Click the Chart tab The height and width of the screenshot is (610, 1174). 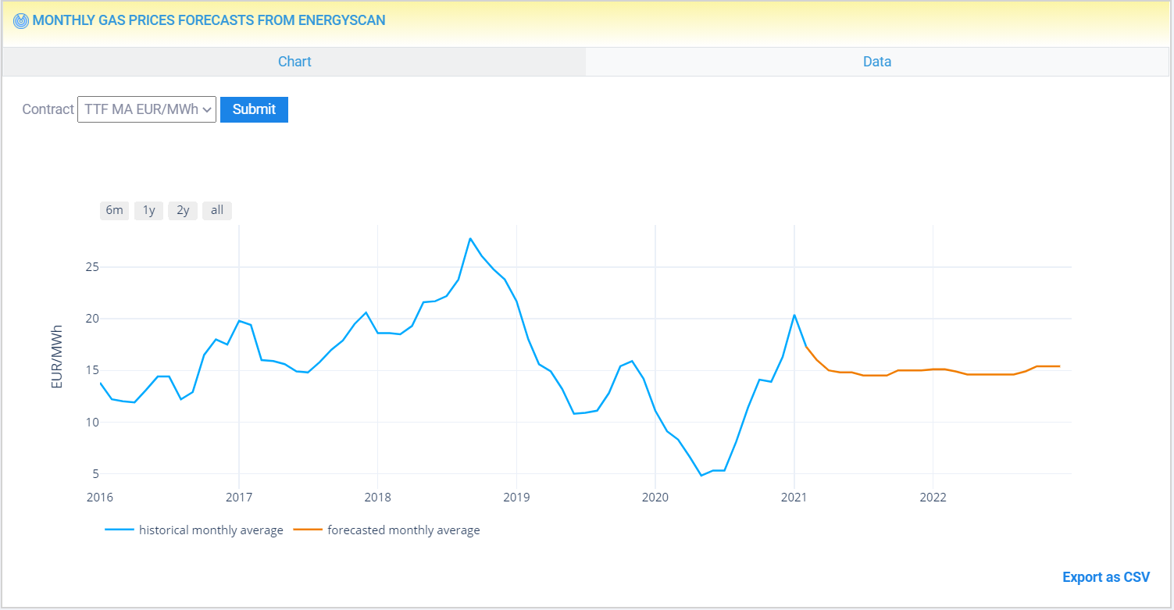click(294, 62)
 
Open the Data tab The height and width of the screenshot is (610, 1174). click(876, 62)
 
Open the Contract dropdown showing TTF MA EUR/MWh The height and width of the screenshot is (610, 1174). click(147, 109)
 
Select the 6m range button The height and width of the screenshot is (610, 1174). click(114, 210)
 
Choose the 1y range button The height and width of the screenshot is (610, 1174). click(148, 210)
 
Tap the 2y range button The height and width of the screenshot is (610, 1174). click(183, 210)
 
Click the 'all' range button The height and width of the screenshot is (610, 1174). click(217, 210)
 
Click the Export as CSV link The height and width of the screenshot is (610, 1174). click(1105, 577)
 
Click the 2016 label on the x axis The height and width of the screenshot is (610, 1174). click(100, 498)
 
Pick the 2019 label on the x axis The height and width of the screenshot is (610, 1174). click(516, 498)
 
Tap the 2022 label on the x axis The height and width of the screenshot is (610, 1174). click(933, 498)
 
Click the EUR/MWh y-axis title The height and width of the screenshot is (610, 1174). click(57, 356)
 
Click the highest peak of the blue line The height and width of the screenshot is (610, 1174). click(470, 238)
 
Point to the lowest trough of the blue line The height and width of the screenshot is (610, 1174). click(701, 475)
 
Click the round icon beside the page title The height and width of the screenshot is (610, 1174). click(22, 21)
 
